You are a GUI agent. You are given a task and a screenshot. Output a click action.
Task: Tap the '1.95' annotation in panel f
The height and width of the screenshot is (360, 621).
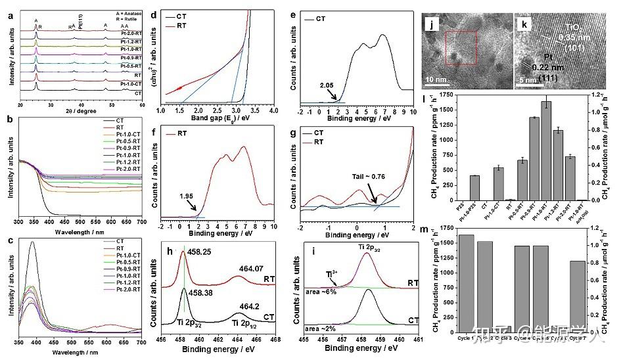188,195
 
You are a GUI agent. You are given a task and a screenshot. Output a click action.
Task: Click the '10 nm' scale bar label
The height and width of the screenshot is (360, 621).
438,80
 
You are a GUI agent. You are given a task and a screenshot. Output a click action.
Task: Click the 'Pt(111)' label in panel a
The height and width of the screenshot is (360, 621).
80,21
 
